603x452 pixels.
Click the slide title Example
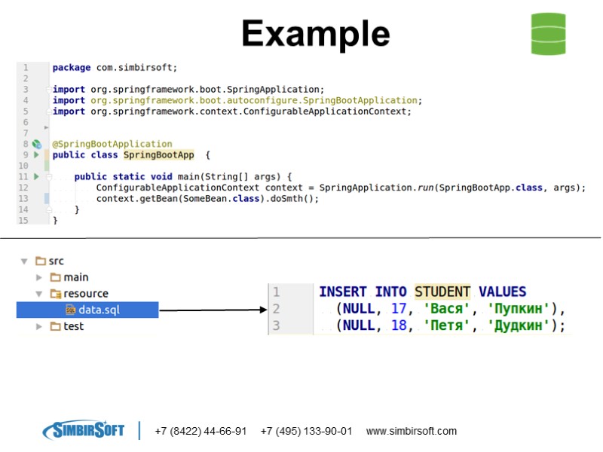click(x=315, y=34)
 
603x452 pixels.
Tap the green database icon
click(x=548, y=34)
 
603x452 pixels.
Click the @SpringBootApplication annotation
click(x=112, y=144)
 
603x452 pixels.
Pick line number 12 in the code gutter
click(x=23, y=188)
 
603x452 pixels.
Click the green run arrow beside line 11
click(x=35, y=176)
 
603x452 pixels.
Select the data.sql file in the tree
click(x=99, y=310)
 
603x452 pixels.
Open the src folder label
click(x=56, y=261)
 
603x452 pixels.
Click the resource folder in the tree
click(x=85, y=294)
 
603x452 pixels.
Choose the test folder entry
click(x=73, y=326)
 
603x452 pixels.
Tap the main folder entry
click(x=75, y=277)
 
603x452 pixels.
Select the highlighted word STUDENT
click(x=442, y=292)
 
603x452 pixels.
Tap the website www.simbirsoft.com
click(x=411, y=432)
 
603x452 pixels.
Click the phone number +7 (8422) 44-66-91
click(x=200, y=432)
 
